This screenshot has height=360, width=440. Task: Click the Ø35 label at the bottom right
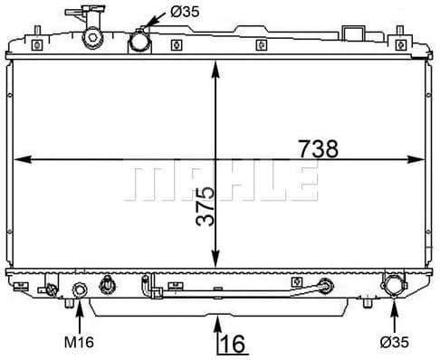(395, 342)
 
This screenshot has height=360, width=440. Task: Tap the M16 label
(80, 342)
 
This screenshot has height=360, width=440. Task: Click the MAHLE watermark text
(220, 183)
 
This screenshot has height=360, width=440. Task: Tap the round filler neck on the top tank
(92, 38)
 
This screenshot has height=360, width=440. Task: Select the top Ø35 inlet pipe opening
(139, 42)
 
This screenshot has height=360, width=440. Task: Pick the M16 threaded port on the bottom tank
(80, 291)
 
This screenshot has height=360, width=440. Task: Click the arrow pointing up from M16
(80, 317)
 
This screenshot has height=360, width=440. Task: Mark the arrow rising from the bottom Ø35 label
(395, 315)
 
